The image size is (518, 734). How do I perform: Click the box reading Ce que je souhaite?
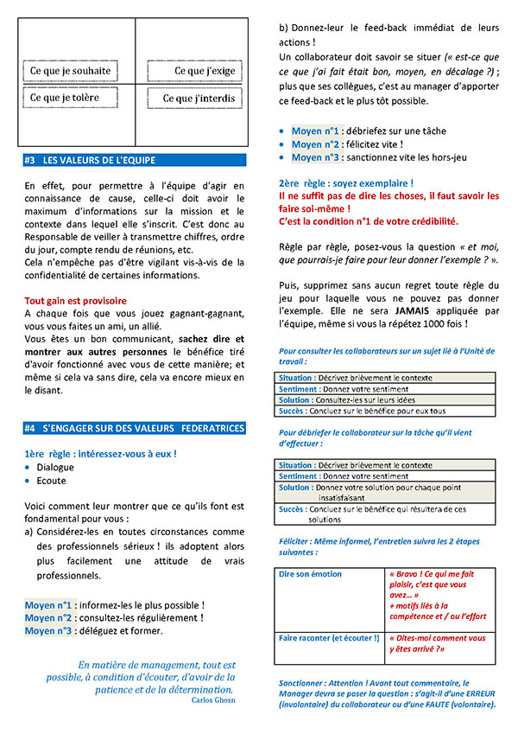click(x=69, y=71)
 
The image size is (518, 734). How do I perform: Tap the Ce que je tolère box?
click(x=69, y=98)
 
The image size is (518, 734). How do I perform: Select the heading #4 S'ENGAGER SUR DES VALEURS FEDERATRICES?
click(x=136, y=428)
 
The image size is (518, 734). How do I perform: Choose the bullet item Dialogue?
click(x=55, y=467)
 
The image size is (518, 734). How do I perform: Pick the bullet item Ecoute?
click(x=51, y=481)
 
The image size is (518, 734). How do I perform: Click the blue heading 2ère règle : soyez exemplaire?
click(x=345, y=183)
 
